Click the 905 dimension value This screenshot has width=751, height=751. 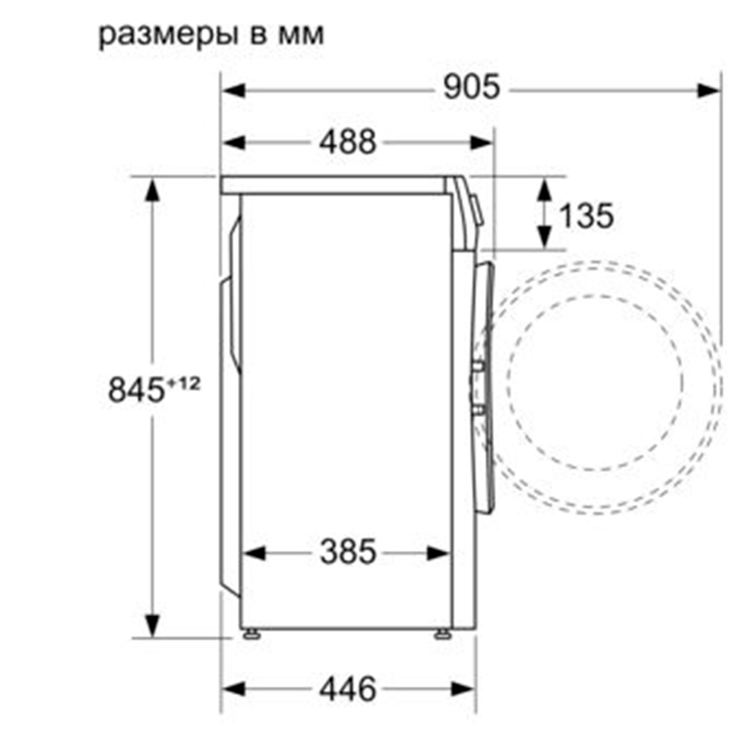point(471,87)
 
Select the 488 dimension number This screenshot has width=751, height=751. point(348,142)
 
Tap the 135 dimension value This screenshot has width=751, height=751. point(587,215)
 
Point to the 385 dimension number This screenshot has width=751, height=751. point(348,552)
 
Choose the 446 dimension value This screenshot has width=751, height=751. point(348,690)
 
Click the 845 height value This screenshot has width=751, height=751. point(137,390)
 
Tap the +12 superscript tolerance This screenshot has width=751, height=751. point(183,383)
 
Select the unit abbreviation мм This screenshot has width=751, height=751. point(300,35)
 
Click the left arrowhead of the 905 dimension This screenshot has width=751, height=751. point(234,90)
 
